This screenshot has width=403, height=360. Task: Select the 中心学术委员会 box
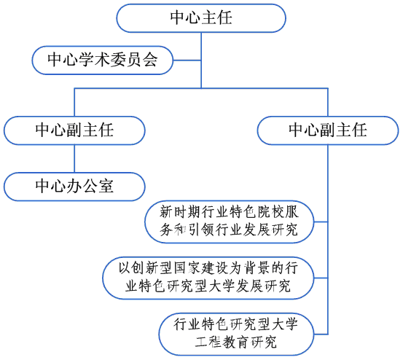point(102,60)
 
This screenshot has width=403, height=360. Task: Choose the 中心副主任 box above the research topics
point(327,130)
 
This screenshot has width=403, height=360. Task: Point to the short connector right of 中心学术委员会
point(187,60)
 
